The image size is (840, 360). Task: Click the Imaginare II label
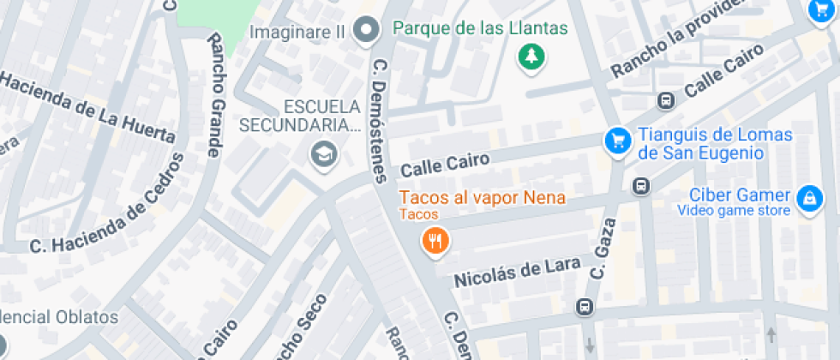click(297, 32)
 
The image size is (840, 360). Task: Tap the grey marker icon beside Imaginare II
click(368, 30)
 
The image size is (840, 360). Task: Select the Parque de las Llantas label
click(480, 28)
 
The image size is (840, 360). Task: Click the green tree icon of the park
click(532, 58)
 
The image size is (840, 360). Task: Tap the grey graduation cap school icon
click(325, 154)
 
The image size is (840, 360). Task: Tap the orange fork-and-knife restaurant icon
click(436, 241)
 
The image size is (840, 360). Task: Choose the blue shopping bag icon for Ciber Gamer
click(808, 200)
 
